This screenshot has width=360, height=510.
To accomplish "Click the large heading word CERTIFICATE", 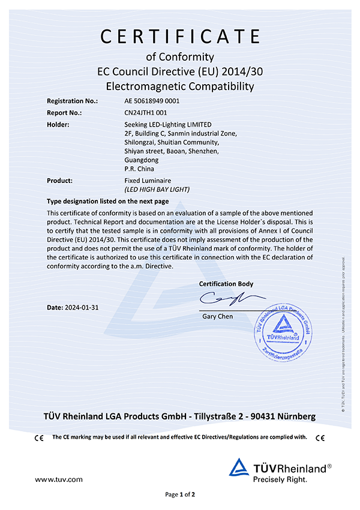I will (x=180, y=37).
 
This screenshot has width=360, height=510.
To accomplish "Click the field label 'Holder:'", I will (x=58, y=124).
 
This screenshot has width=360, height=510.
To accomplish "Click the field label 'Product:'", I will (x=60, y=180).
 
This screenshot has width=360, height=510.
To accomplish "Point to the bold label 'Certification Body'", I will (x=226, y=284).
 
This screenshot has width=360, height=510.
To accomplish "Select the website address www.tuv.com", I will (x=58, y=479).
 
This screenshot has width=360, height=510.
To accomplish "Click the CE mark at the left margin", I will (x=40, y=437).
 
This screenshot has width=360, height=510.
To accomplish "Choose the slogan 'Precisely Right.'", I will (x=280, y=479).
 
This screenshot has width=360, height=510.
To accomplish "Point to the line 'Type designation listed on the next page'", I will (x=108, y=201).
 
